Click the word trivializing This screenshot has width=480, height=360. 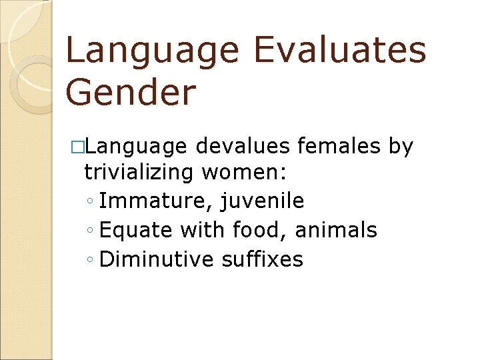tap(139, 173)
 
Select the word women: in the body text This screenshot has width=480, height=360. tap(245, 173)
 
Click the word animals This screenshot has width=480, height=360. tap(336, 230)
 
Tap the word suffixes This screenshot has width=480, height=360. tap(261, 259)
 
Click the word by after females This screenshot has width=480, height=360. tap(401, 147)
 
